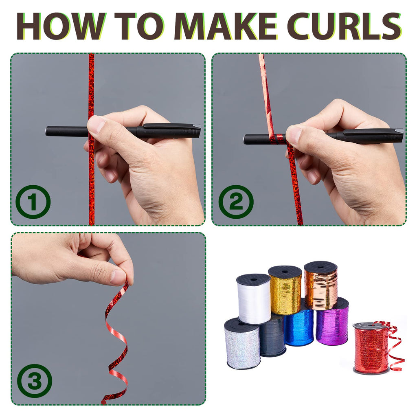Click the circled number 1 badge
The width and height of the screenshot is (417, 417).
pyautogui.click(x=33, y=202)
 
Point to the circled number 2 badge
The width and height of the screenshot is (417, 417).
pyautogui.click(x=236, y=202)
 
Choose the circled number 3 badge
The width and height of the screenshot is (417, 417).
pyautogui.click(x=35, y=381)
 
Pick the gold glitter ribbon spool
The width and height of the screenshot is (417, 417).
pyautogui.click(x=285, y=290)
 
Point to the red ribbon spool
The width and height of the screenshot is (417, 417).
pyautogui.click(x=371, y=347)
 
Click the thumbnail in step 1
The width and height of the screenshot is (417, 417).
pyautogui.click(x=97, y=124)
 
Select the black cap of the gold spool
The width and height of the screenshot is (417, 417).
pyautogui.click(x=285, y=272)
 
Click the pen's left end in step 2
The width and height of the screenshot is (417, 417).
pyautogui.click(x=245, y=139)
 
